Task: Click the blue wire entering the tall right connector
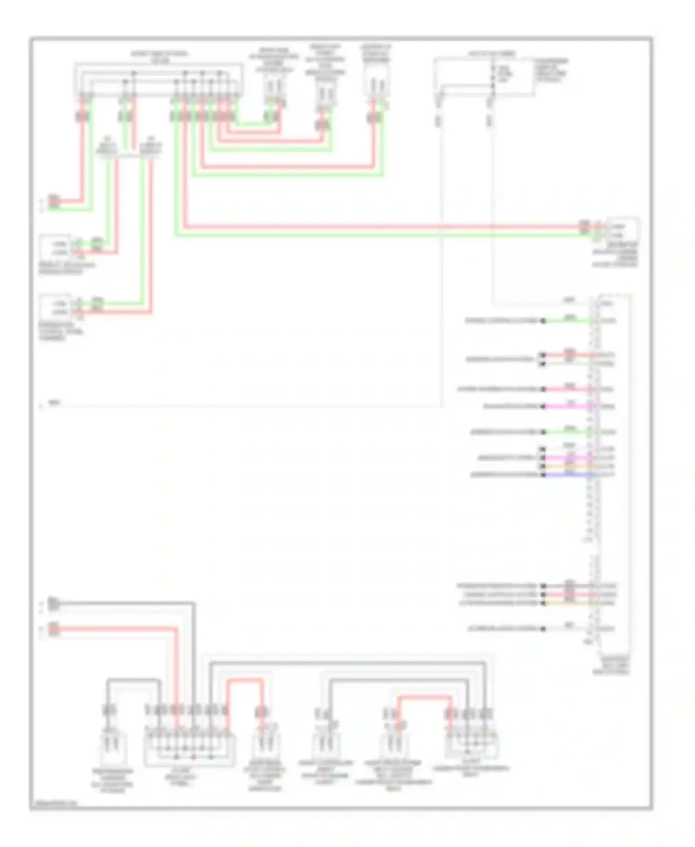pyautogui.click(x=568, y=475)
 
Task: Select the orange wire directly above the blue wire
pyautogui.click(x=568, y=466)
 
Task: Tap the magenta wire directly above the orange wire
pyautogui.click(x=568, y=458)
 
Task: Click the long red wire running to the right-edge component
pyautogui.click(x=371, y=227)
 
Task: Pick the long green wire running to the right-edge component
pyautogui.click(x=371, y=236)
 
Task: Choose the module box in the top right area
pyautogui.click(x=484, y=76)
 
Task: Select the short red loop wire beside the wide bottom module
pyautogui.click(x=245, y=681)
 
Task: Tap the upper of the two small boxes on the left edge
pyautogui.click(x=55, y=248)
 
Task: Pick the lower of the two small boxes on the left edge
pyautogui.click(x=55, y=308)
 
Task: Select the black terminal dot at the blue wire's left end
pyautogui.click(x=543, y=475)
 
